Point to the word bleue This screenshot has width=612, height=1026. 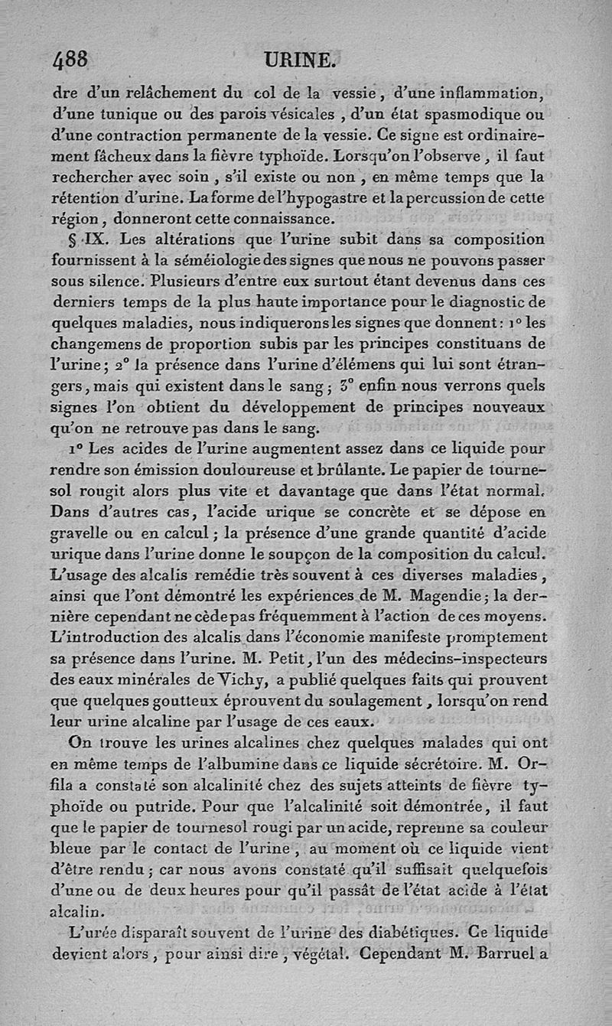click(x=86, y=848)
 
